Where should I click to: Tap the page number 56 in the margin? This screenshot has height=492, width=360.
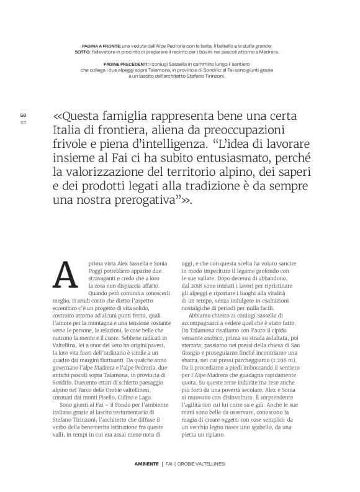(x=23, y=116)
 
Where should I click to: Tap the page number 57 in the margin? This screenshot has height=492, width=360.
(x=23, y=122)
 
